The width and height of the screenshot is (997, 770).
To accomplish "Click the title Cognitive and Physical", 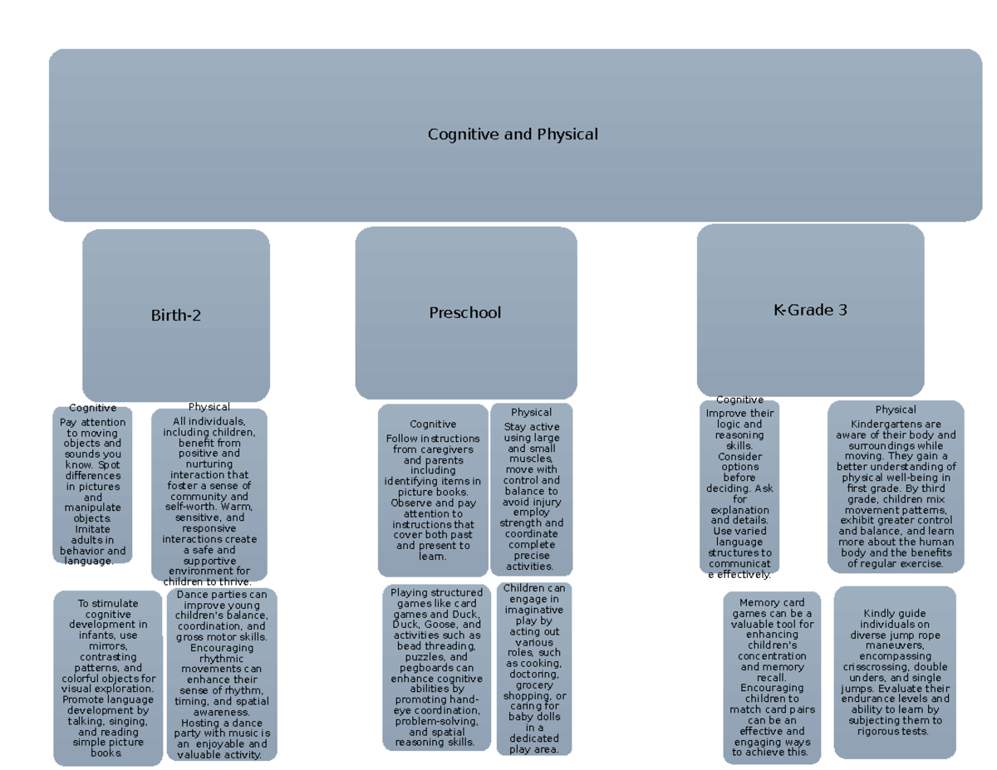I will (x=513, y=135).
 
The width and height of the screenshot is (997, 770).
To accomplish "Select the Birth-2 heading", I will (x=175, y=316).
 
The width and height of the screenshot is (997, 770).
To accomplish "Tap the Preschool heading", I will (x=465, y=313).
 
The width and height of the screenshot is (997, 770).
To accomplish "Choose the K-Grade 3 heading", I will (x=810, y=310).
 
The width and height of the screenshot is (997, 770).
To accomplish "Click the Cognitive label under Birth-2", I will (x=92, y=408).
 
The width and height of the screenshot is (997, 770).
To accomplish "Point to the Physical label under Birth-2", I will (x=209, y=407).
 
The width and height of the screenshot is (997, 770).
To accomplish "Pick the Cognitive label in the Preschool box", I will (x=433, y=424).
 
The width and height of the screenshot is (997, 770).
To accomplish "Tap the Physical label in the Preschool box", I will (x=532, y=412).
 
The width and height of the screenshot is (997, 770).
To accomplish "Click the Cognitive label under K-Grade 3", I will (x=739, y=400).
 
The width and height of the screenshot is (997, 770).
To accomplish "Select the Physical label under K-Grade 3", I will (x=896, y=410).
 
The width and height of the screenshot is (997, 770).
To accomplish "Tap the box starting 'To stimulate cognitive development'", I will (x=108, y=677).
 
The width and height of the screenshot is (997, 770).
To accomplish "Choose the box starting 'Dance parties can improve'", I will (x=222, y=674).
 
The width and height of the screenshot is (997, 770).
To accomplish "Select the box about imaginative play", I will (x=534, y=669).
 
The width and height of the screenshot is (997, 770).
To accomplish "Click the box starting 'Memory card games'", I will (x=771, y=677).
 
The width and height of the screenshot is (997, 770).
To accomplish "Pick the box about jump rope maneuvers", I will (x=894, y=672).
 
